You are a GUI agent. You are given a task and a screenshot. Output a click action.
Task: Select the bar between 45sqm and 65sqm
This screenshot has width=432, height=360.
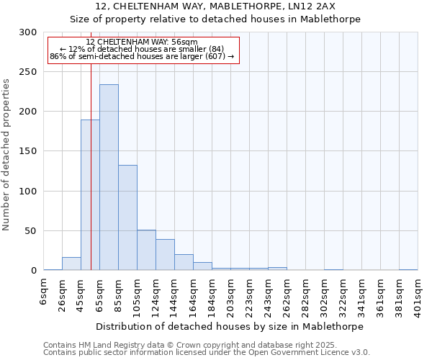pos(90,195)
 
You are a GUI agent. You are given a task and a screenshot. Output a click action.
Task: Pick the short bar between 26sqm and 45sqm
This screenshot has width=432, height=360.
pos(71,264)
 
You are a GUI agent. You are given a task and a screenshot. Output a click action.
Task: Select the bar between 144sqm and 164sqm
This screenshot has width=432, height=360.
pos(184,262)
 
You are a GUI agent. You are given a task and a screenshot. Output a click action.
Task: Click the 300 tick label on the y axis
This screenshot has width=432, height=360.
pos(28,32)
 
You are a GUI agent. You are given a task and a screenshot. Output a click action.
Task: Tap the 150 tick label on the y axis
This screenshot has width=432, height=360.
pos(28,152)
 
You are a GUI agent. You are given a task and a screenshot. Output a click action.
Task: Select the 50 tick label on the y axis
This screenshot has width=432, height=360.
pos(31,231)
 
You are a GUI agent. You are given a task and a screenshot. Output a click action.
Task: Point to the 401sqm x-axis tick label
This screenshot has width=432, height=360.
pos(418,295)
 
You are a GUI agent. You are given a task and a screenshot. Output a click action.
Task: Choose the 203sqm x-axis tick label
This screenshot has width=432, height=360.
pos(230,295)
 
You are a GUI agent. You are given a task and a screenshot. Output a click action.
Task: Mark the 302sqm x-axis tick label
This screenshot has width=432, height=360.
pos(324,295)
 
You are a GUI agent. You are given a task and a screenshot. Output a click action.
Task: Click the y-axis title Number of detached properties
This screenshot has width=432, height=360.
pos(7,155)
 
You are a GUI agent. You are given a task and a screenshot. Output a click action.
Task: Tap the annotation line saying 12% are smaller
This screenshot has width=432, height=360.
pos(142,49)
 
